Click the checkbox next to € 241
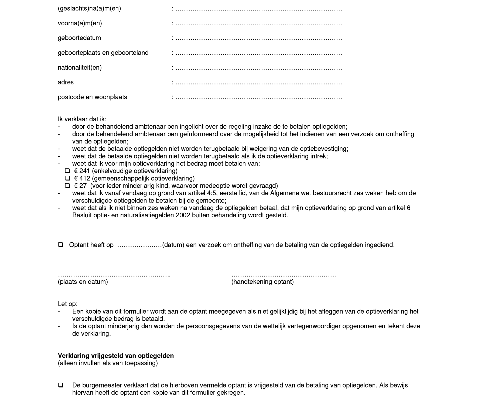[67, 171]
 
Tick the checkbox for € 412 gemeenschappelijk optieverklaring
[67, 178]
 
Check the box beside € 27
[67, 186]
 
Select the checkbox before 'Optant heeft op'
[61, 245]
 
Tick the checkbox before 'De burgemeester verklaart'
[61, 385]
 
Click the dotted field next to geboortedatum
[258, 39]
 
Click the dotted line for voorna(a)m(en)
[258, 24]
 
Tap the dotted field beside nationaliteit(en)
[258, 68]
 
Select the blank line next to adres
[258, 83]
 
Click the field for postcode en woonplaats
[258, 98]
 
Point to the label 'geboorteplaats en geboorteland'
[103, 53]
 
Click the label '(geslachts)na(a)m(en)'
[89, 9]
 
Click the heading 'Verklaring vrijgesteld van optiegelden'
[116, 356]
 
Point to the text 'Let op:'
[67, 304]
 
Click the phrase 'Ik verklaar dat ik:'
[82, 119]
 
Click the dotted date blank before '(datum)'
[139, 245]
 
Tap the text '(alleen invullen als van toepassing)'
[108, 363]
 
